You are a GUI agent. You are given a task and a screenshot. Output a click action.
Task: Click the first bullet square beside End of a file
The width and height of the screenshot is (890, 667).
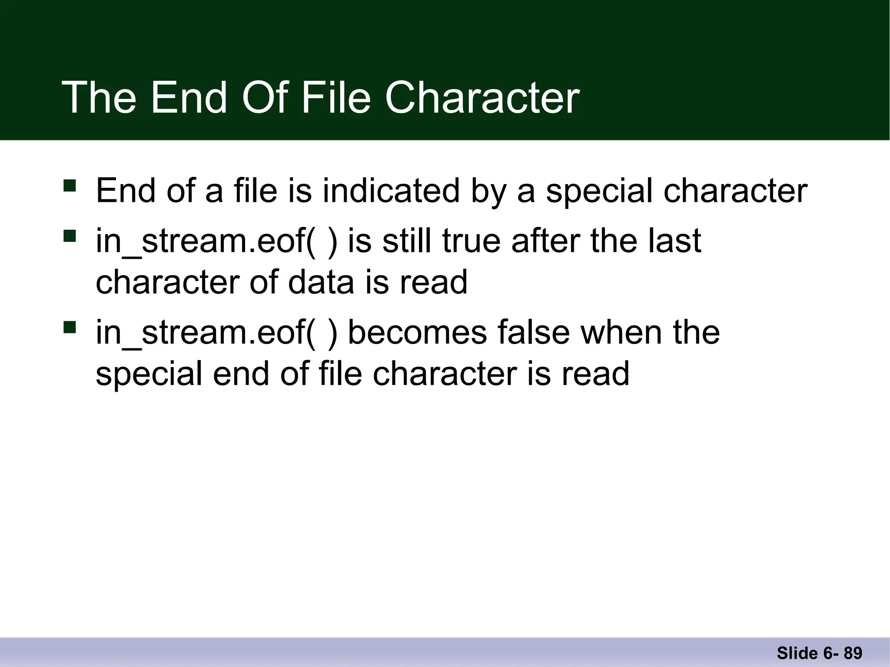[70, 186]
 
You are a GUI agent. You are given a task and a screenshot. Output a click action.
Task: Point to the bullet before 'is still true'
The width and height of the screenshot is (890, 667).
[70, 236]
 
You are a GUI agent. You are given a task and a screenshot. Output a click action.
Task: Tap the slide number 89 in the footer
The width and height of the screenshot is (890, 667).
[853, 653]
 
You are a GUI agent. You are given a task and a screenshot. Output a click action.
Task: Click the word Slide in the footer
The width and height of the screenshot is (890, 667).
[797, 653]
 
